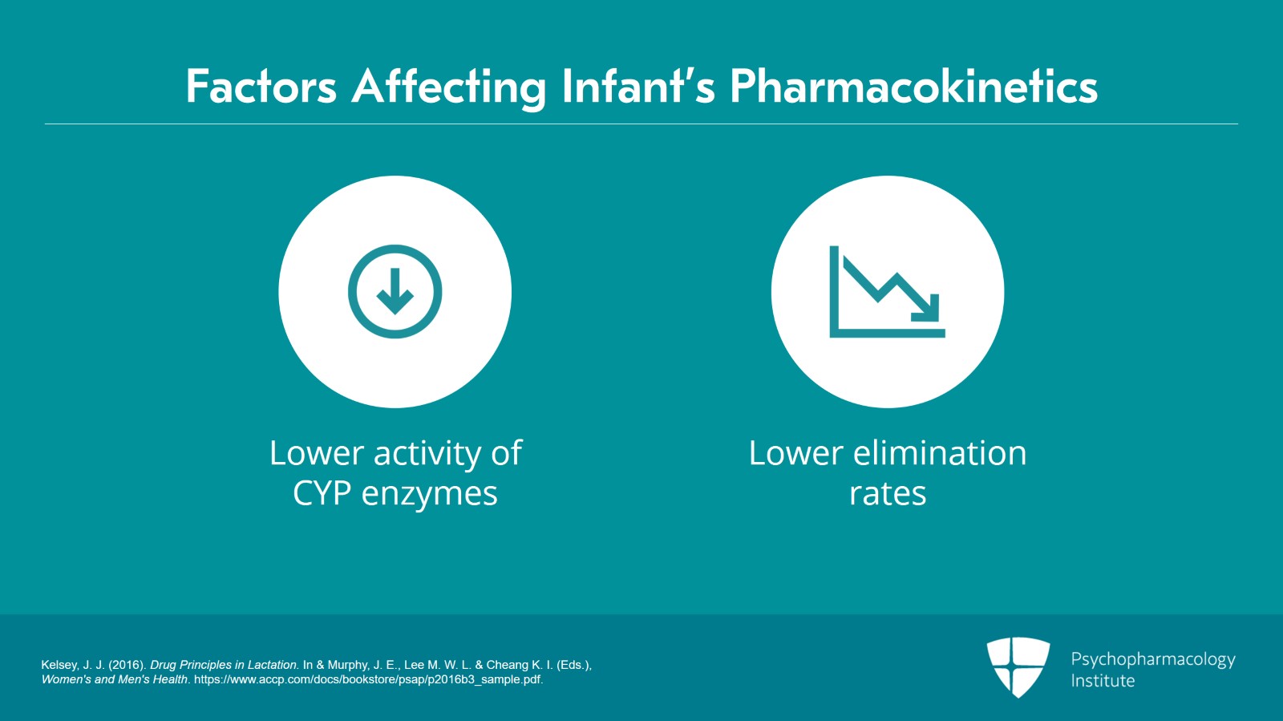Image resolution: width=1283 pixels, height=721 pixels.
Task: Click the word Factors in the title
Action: (261, 87)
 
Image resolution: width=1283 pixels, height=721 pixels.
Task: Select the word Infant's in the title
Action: (638, 87)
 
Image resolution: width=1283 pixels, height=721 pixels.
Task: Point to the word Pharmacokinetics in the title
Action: (913, 87)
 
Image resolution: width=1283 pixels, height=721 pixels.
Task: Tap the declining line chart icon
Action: (887, 292)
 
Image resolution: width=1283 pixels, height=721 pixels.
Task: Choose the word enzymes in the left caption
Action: (429, 494)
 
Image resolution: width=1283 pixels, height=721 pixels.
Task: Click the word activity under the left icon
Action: (427, 454)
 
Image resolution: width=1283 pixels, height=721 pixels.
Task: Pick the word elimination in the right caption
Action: (939, 453)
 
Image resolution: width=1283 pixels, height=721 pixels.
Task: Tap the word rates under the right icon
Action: (888, 493)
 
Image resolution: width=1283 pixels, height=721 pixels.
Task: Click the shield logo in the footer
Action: (1018, 666)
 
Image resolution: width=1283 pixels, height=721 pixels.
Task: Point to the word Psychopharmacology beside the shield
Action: (1153, 659)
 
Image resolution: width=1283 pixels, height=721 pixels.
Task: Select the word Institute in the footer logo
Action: (1103, 681)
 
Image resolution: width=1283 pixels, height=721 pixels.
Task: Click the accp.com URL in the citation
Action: (368, 679)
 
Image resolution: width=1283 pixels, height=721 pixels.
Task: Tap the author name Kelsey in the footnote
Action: (59, 665)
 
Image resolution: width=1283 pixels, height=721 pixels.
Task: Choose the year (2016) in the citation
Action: (126, 665)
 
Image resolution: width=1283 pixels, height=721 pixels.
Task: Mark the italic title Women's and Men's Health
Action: (115, 679)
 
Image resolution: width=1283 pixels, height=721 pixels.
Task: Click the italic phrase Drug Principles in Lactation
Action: (225, 665)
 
